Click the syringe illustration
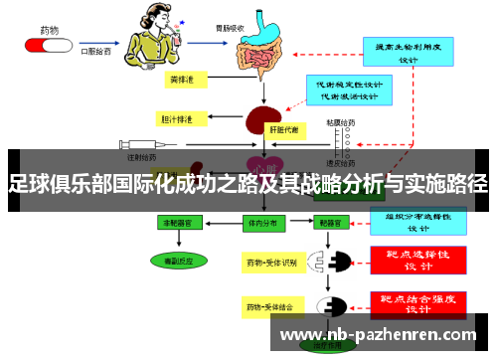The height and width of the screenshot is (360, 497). (128, 143)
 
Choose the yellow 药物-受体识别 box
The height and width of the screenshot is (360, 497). (270, 263)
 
